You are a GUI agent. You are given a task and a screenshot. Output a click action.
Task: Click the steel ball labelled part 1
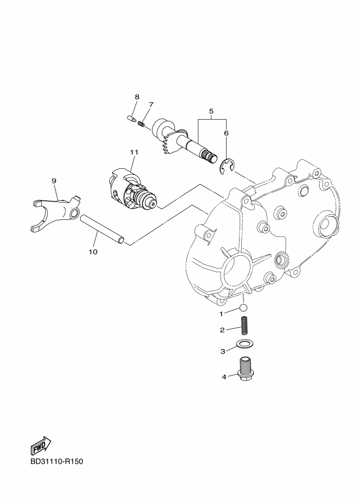(x=243, y=307)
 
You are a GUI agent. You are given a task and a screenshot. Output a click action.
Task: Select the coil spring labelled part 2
(x=244, y=326)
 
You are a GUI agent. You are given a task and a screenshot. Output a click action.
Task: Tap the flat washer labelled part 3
(x=243, y=343)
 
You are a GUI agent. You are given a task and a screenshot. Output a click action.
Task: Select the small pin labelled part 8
(x=131, y=119)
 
